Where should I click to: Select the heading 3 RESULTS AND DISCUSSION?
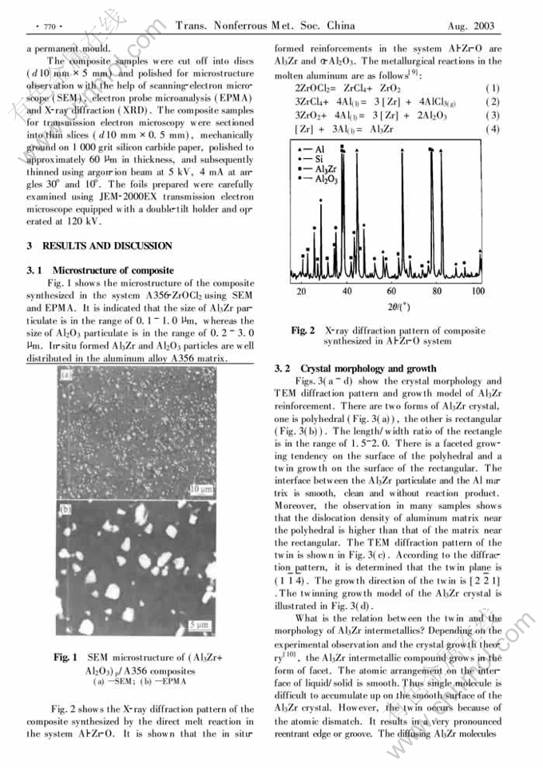pos(99,245)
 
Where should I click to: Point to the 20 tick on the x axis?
pos(302,292)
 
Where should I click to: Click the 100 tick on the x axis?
pos(477,292)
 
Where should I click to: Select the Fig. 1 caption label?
pos(67,657)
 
